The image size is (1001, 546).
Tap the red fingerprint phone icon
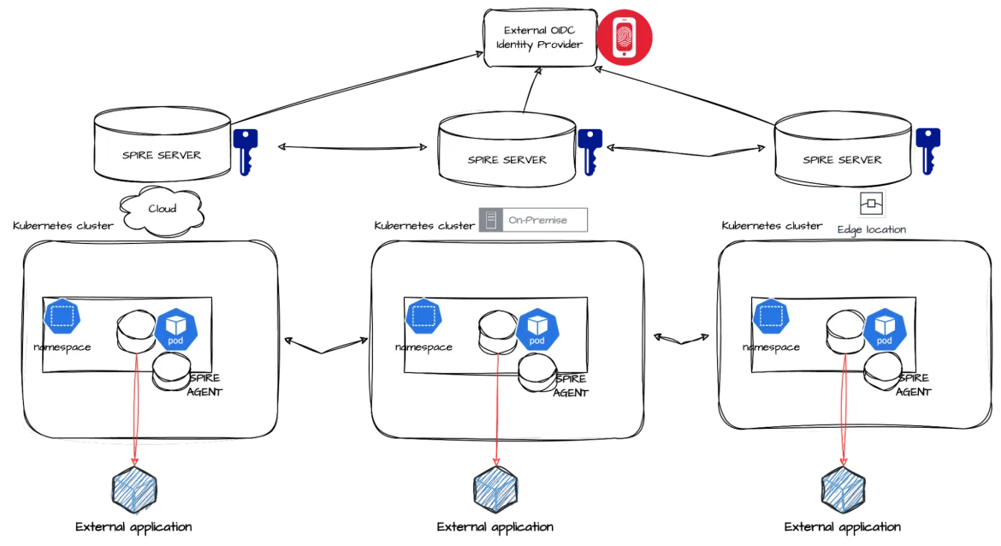625,39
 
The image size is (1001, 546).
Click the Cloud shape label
163,209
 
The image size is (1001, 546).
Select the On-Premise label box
531,220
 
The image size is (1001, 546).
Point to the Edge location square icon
872,204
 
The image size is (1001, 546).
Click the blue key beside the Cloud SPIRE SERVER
247,151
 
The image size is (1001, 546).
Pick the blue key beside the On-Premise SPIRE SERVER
589,151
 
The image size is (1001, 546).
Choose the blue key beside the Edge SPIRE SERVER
928,151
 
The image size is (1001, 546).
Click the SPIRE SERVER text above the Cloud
161,155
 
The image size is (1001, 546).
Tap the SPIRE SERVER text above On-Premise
506,159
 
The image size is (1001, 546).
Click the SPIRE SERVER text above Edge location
842,159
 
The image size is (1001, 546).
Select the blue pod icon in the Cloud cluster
176,329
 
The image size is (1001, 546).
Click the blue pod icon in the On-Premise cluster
537,329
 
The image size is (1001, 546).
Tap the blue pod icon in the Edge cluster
885,329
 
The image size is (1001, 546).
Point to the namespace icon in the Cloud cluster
62,317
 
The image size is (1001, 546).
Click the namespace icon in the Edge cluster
771,317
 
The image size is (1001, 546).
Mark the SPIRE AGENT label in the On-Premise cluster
571,385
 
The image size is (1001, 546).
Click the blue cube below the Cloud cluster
134,490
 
